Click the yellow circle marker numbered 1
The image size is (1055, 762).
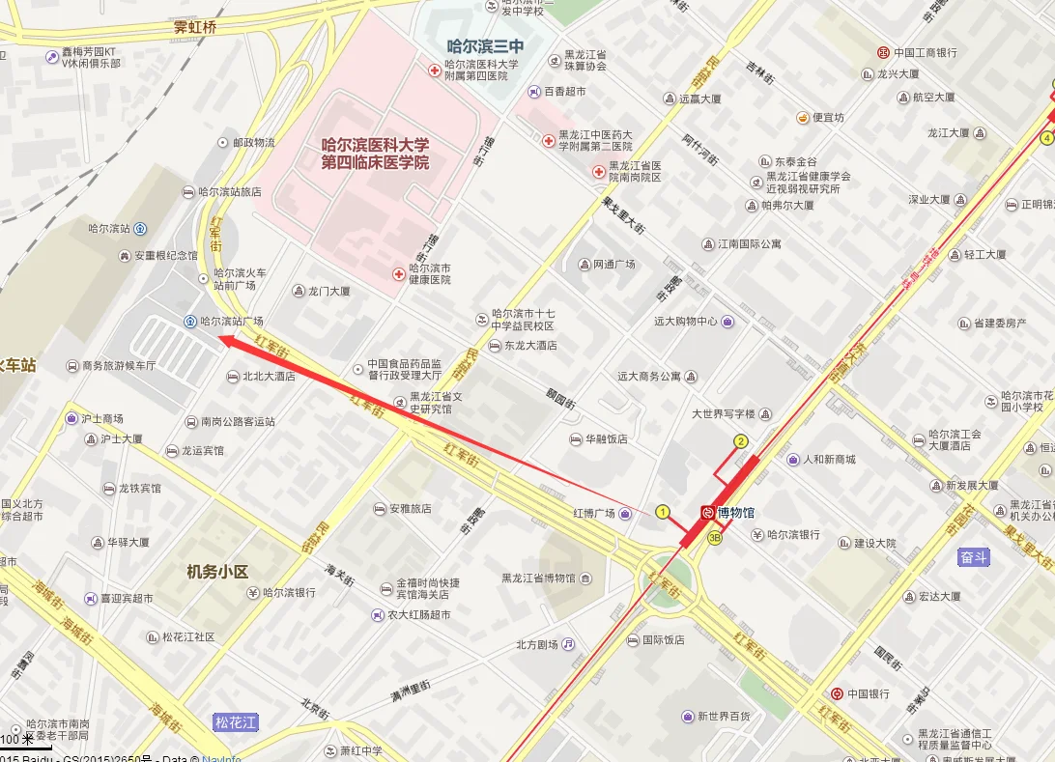(663, 512)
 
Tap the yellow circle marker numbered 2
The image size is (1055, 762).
(741, 441)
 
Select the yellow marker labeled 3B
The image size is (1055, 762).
(714, 538)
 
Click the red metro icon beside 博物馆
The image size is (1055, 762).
(708, 513)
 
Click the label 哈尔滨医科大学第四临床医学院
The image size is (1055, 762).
(376, 154)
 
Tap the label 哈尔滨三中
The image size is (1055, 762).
(485, 45)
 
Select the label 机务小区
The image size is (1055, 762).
(217, 571)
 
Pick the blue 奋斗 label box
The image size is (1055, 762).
(974, 557)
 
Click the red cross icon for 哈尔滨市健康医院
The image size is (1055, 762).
(398, 274)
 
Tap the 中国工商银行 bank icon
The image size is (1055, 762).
(883, 52)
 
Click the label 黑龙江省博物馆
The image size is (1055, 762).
(538, 579)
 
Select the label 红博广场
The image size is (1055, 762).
(594, 513)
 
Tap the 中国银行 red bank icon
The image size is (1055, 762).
(836, 693)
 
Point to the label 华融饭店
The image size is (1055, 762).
(607, 438)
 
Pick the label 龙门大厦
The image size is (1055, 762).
(328, 291)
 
